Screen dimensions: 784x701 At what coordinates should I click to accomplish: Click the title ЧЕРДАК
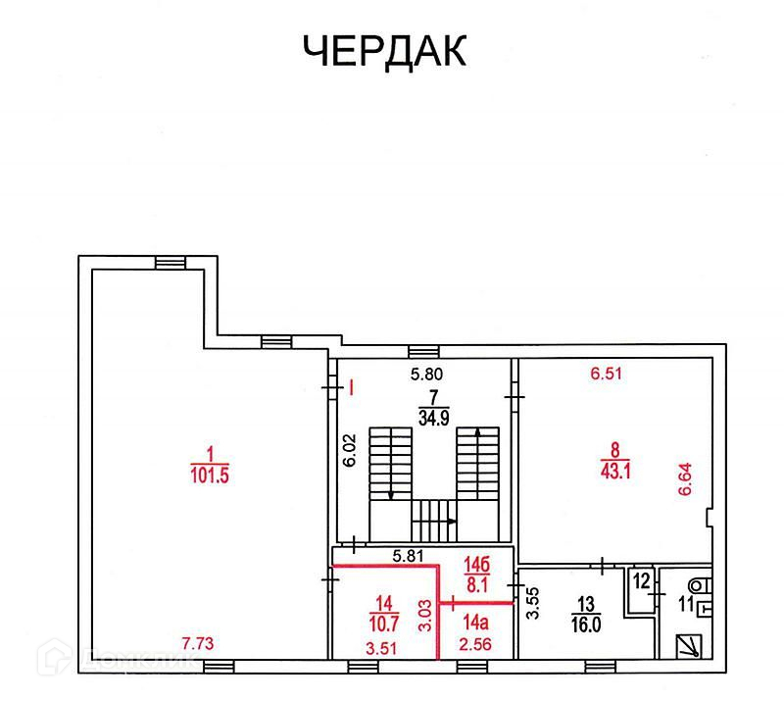coord(383,51)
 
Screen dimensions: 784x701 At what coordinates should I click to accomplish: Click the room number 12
coord(640,579)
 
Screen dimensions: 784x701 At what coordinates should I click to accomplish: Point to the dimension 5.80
coord(426,374)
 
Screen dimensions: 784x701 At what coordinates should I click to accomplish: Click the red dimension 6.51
coord(606,373)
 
